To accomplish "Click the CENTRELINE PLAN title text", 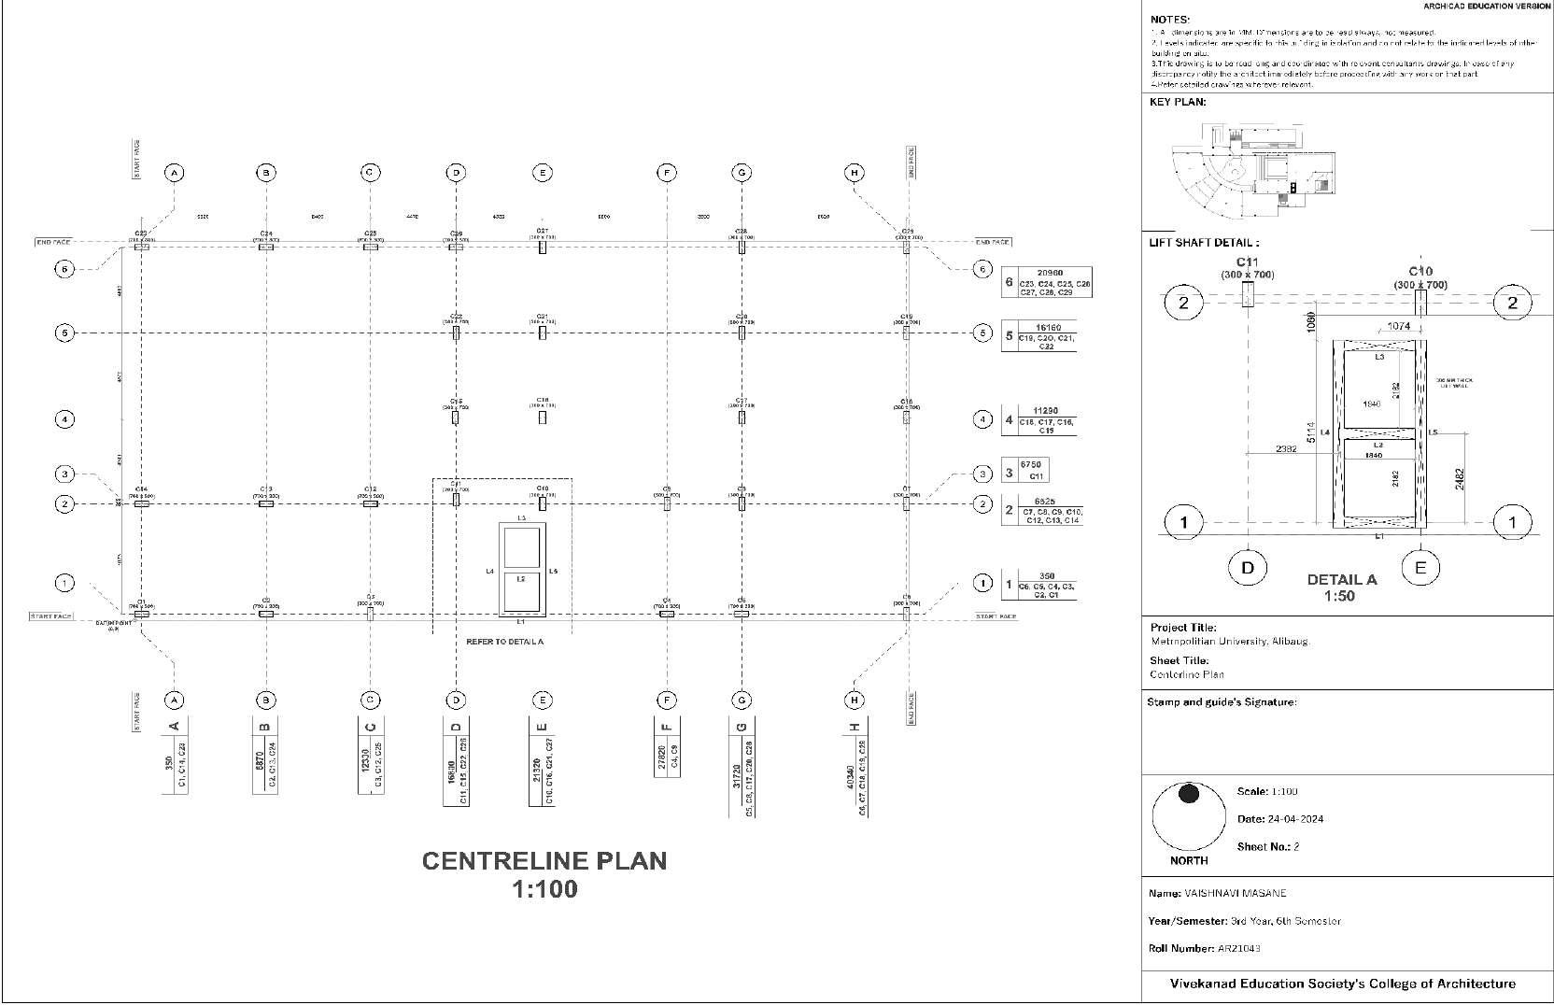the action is [544, 860].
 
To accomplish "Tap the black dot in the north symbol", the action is [1189, 794].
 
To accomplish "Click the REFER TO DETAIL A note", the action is [504, 642].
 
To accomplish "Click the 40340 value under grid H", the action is [849, 777].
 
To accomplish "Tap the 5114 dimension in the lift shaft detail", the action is [1311, 433].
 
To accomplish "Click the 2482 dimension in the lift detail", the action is [1460, 477].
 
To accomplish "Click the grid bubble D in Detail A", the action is [1248, 567].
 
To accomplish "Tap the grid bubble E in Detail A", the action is [1420, 567].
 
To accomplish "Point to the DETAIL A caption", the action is [1342, 579].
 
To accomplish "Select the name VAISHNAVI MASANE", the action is [1235, 893].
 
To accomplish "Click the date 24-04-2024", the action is [1294, 819].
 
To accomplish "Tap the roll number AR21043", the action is [1239, 948].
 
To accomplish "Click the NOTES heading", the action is [1170, 19].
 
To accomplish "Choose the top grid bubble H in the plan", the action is [854, 172].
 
